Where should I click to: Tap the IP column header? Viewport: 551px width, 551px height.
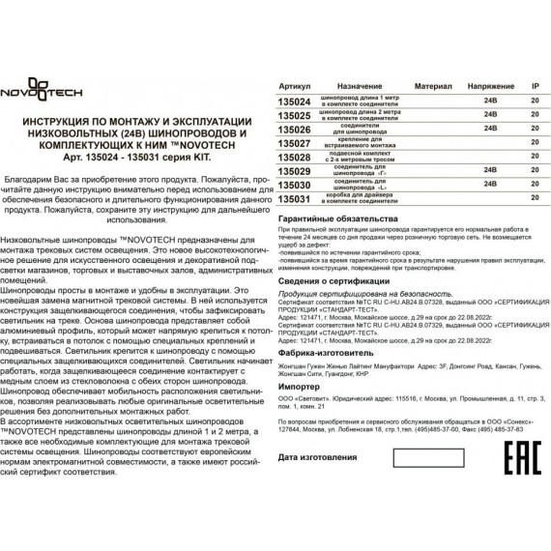click(x=535, y=86)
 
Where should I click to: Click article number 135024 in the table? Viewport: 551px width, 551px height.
click(x=294, y=100)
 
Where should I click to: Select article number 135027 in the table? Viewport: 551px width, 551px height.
click(x=294, y=142)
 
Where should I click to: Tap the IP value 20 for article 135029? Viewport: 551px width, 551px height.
click(x=536, y=170)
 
